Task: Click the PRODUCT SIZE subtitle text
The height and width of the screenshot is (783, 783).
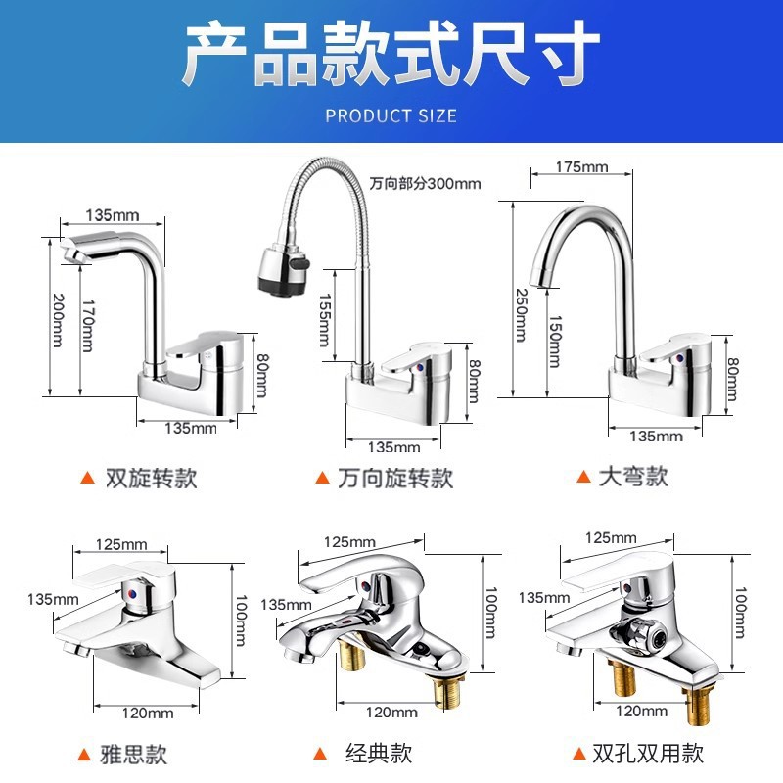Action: coord(391,115)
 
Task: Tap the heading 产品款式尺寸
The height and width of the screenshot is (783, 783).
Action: coord(391,57)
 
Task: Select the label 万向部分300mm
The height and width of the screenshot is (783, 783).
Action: coord(425,183)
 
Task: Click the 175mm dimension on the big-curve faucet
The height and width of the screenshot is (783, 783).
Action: coord(581,166)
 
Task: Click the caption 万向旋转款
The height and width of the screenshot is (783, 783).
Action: coord(395,478)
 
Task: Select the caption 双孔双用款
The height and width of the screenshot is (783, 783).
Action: coord(647,754)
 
